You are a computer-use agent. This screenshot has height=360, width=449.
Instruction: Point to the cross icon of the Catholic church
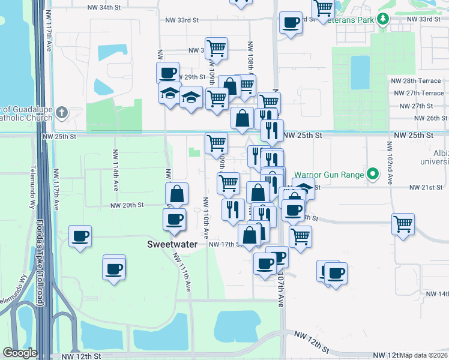62,112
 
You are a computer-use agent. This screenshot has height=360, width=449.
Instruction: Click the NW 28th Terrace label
418,81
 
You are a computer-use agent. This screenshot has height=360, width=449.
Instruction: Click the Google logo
20,353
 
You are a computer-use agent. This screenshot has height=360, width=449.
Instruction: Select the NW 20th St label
127,205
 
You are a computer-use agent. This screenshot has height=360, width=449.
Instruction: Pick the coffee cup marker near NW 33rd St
291,23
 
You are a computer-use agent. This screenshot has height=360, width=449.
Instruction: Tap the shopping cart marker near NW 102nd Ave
403,224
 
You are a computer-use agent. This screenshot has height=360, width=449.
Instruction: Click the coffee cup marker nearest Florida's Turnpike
80,236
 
